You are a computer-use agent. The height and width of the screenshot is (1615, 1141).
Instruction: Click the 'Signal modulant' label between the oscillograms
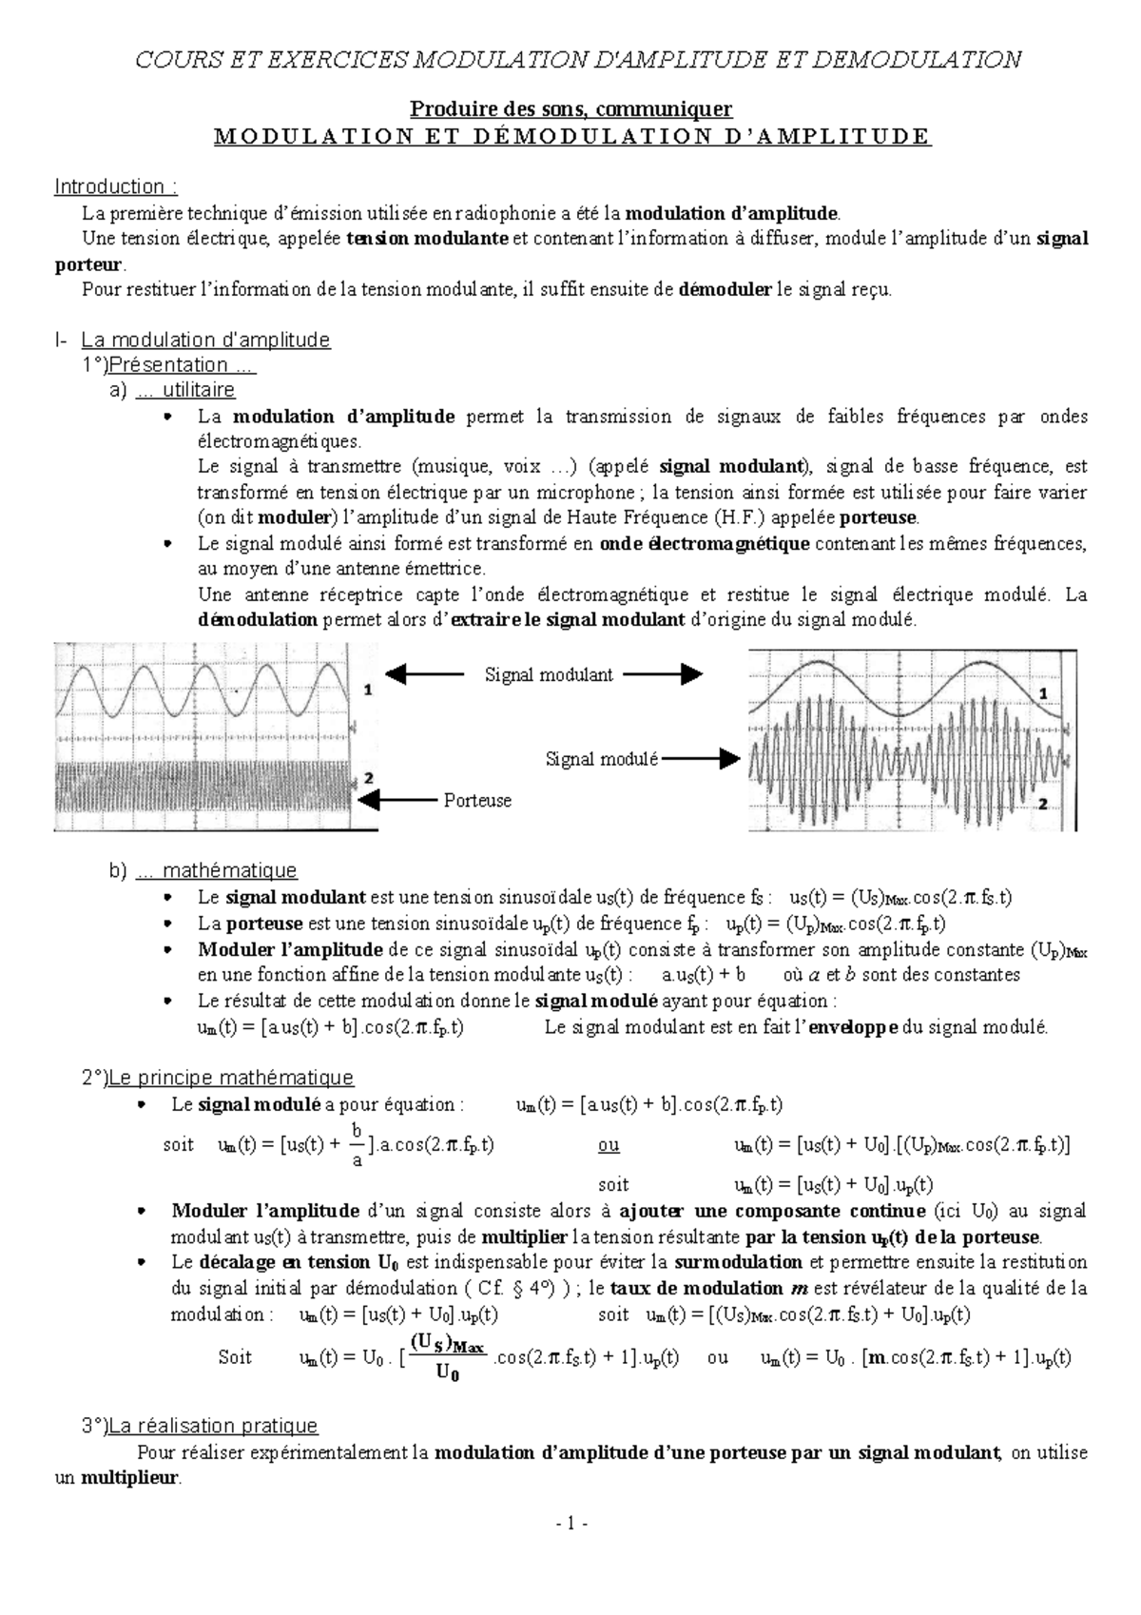[549, 674]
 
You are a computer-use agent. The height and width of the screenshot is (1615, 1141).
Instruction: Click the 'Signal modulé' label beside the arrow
[601, 759]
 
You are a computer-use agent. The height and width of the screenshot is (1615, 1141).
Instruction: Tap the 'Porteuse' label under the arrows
[477, 801]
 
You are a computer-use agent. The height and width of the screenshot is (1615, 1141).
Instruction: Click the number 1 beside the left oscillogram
[367, 691]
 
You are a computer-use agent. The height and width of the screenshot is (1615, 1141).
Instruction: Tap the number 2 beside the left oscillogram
[369, 778]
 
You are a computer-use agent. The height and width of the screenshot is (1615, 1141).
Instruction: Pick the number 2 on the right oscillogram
[1042, 805]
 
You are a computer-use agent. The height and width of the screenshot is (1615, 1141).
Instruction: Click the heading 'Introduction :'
[116, 186]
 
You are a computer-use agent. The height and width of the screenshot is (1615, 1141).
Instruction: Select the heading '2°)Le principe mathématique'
[218, 1078]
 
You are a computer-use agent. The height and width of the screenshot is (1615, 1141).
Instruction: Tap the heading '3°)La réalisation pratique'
[200, 1426]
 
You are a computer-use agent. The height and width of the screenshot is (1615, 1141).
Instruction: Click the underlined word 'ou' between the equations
[608, 1145]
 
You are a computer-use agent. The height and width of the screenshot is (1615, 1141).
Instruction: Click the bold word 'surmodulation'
[738, 1262]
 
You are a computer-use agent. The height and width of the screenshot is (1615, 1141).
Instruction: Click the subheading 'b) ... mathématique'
[203, 870]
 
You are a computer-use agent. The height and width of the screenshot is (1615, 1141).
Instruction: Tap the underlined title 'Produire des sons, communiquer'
[570, 110]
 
